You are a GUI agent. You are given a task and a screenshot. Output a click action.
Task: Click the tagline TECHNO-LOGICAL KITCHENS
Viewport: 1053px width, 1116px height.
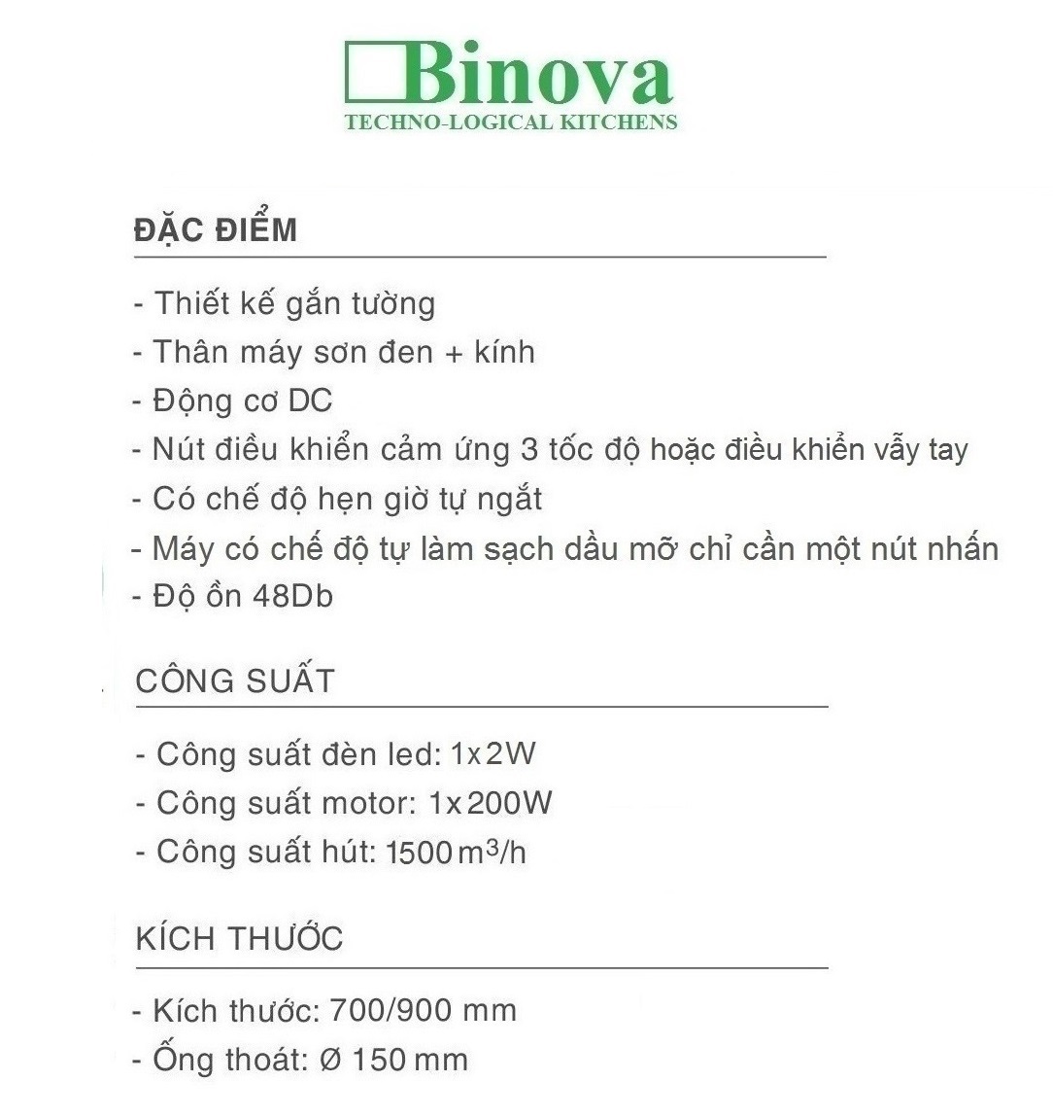(511, 122)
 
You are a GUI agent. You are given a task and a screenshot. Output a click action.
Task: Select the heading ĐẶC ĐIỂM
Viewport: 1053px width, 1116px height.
(216, 230)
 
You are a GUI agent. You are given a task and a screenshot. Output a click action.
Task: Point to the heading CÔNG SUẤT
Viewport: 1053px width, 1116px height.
(235, 680)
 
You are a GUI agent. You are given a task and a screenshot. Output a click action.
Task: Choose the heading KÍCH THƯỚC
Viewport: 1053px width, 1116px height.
(240, 939)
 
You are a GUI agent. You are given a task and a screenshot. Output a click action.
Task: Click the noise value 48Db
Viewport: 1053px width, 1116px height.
(291, 596)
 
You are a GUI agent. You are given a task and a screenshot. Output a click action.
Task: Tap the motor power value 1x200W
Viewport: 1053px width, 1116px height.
(491, 803)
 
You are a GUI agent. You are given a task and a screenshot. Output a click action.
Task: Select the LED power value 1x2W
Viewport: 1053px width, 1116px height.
(493, 753)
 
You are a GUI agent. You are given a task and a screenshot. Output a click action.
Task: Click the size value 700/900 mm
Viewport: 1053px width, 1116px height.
(424, 1011)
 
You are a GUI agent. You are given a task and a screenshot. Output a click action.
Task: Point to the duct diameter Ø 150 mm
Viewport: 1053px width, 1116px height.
(393, 1060)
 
